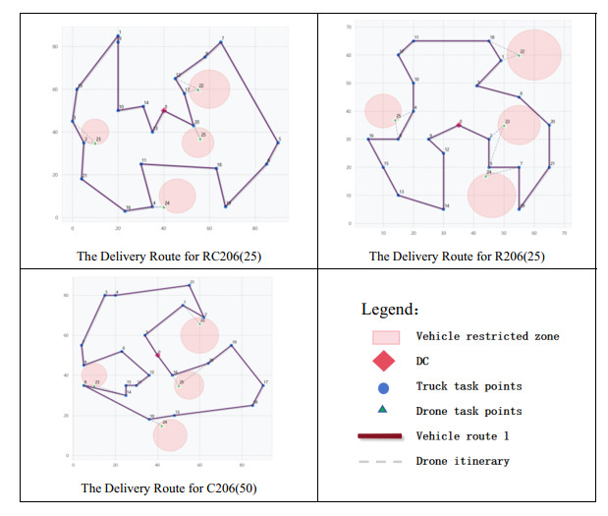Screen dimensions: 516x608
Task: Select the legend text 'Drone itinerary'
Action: [463, 461]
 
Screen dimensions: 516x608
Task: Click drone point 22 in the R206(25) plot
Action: [520, 54]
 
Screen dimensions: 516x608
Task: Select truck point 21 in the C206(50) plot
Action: [190, 285]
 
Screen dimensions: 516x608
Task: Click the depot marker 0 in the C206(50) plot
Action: [157, 354]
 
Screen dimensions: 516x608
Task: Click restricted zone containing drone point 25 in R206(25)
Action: [383, 111]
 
